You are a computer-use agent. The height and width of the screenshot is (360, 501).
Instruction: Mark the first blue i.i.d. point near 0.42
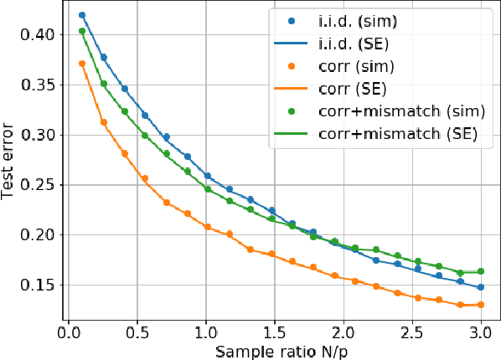tap(82, 15)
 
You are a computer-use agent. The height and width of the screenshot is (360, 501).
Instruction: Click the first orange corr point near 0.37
tap(82, 64)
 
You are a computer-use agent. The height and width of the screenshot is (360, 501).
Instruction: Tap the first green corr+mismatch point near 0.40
tap(82, 32)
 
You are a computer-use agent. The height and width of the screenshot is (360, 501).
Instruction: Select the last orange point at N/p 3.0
tap(480, 305)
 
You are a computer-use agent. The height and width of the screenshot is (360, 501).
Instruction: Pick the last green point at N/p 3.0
tap(480, 271)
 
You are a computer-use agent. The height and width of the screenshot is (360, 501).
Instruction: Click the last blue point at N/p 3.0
tap(480, 287)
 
